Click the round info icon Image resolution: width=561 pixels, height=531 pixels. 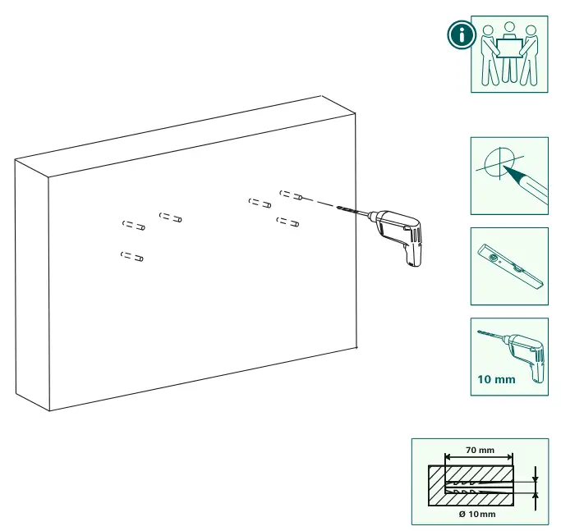(462, 34)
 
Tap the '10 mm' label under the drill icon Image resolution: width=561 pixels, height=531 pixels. (496, 379)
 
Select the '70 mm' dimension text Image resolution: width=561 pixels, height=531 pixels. (480, 450)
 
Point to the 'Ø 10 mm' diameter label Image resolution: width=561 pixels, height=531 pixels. (477, 515)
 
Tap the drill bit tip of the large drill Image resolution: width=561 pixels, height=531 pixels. (337, 207)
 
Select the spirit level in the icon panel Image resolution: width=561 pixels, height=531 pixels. (511, 266)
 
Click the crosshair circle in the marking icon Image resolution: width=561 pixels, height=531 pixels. (499, 163)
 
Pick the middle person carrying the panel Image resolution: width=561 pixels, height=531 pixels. (508, 53)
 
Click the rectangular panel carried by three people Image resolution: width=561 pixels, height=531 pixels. (508, 48)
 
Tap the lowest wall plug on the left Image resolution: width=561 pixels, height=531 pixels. (132, 256)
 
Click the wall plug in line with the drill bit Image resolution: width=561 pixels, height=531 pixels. (292, 195)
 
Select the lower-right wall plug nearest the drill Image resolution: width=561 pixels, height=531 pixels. (287, 222)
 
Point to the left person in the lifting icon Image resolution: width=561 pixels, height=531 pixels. (490, 55)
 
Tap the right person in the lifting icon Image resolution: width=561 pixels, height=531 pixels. (528, 55)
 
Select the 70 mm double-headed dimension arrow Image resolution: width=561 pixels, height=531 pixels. (479, 457)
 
